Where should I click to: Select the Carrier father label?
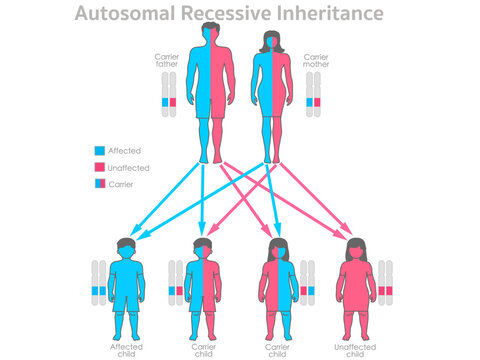pos(168,63)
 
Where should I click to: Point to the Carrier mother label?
pos(316,63)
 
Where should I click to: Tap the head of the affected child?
pos(126,249)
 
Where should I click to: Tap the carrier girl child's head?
pos(279,249)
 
